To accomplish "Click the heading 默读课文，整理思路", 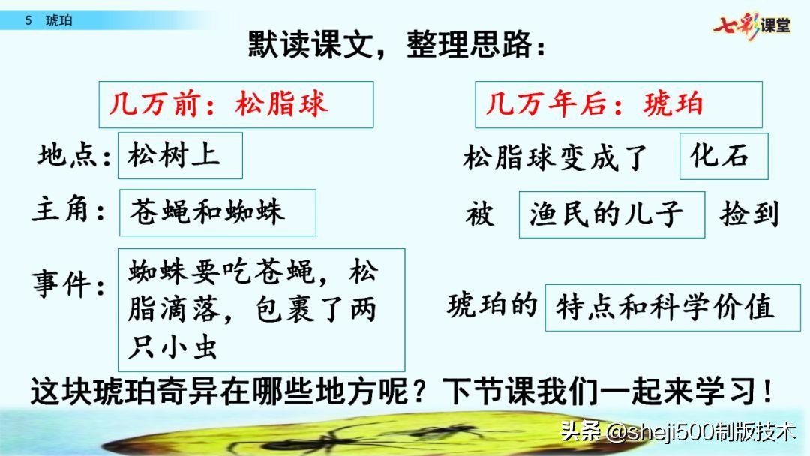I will tap(397, 46).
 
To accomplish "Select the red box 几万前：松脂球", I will tap(235, 104).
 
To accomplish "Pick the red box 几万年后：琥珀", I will tap(618, 104).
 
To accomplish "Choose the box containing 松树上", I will tap(180, 156).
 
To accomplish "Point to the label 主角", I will tap(69, 211).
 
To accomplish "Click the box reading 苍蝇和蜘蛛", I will tap(217, 212).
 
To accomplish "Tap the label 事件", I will tap(69, 286).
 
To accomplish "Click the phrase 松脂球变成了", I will tap(556, 158).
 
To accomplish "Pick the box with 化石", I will tap(724, 156).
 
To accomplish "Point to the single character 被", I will tap(479, 215).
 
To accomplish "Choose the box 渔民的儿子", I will tap(611, 214).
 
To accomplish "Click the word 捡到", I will tap(749, 214).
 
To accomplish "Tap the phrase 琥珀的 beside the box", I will tap(493, 305).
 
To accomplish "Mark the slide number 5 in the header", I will tap(28, 20).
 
